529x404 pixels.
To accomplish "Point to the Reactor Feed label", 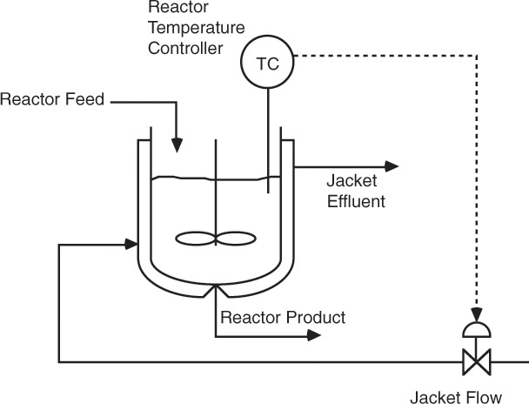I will point(52,98).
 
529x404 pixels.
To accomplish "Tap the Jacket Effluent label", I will point(356,192).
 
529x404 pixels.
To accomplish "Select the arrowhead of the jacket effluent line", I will point(392,165).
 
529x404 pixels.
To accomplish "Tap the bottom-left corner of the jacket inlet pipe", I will point(59,360).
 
